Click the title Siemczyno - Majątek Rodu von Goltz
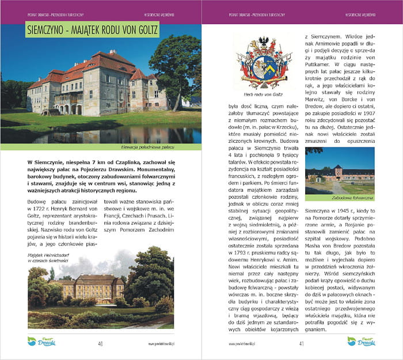click(93, 31)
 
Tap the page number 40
click(100, 344)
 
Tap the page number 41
click(301, 344)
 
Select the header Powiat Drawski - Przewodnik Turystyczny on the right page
click(251, 12)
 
